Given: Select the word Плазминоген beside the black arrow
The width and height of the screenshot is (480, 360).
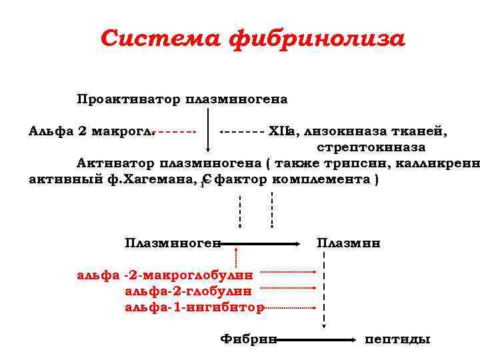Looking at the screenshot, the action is tap(173, 243).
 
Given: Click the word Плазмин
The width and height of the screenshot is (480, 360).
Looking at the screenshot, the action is tap(349, 243).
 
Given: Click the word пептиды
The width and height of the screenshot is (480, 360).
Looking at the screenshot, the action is tap(397, 339).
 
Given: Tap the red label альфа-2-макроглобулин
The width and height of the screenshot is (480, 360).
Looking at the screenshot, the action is tap(165, 274).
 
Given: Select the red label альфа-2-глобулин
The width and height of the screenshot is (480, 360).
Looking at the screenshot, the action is tap(188, 291).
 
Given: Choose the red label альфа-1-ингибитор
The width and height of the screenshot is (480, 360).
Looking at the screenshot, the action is tap(194, 307).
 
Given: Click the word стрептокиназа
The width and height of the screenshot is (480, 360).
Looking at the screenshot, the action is tap(371, 147).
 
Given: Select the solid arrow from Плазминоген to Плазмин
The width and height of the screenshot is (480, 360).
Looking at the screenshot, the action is tap(260, 244).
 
